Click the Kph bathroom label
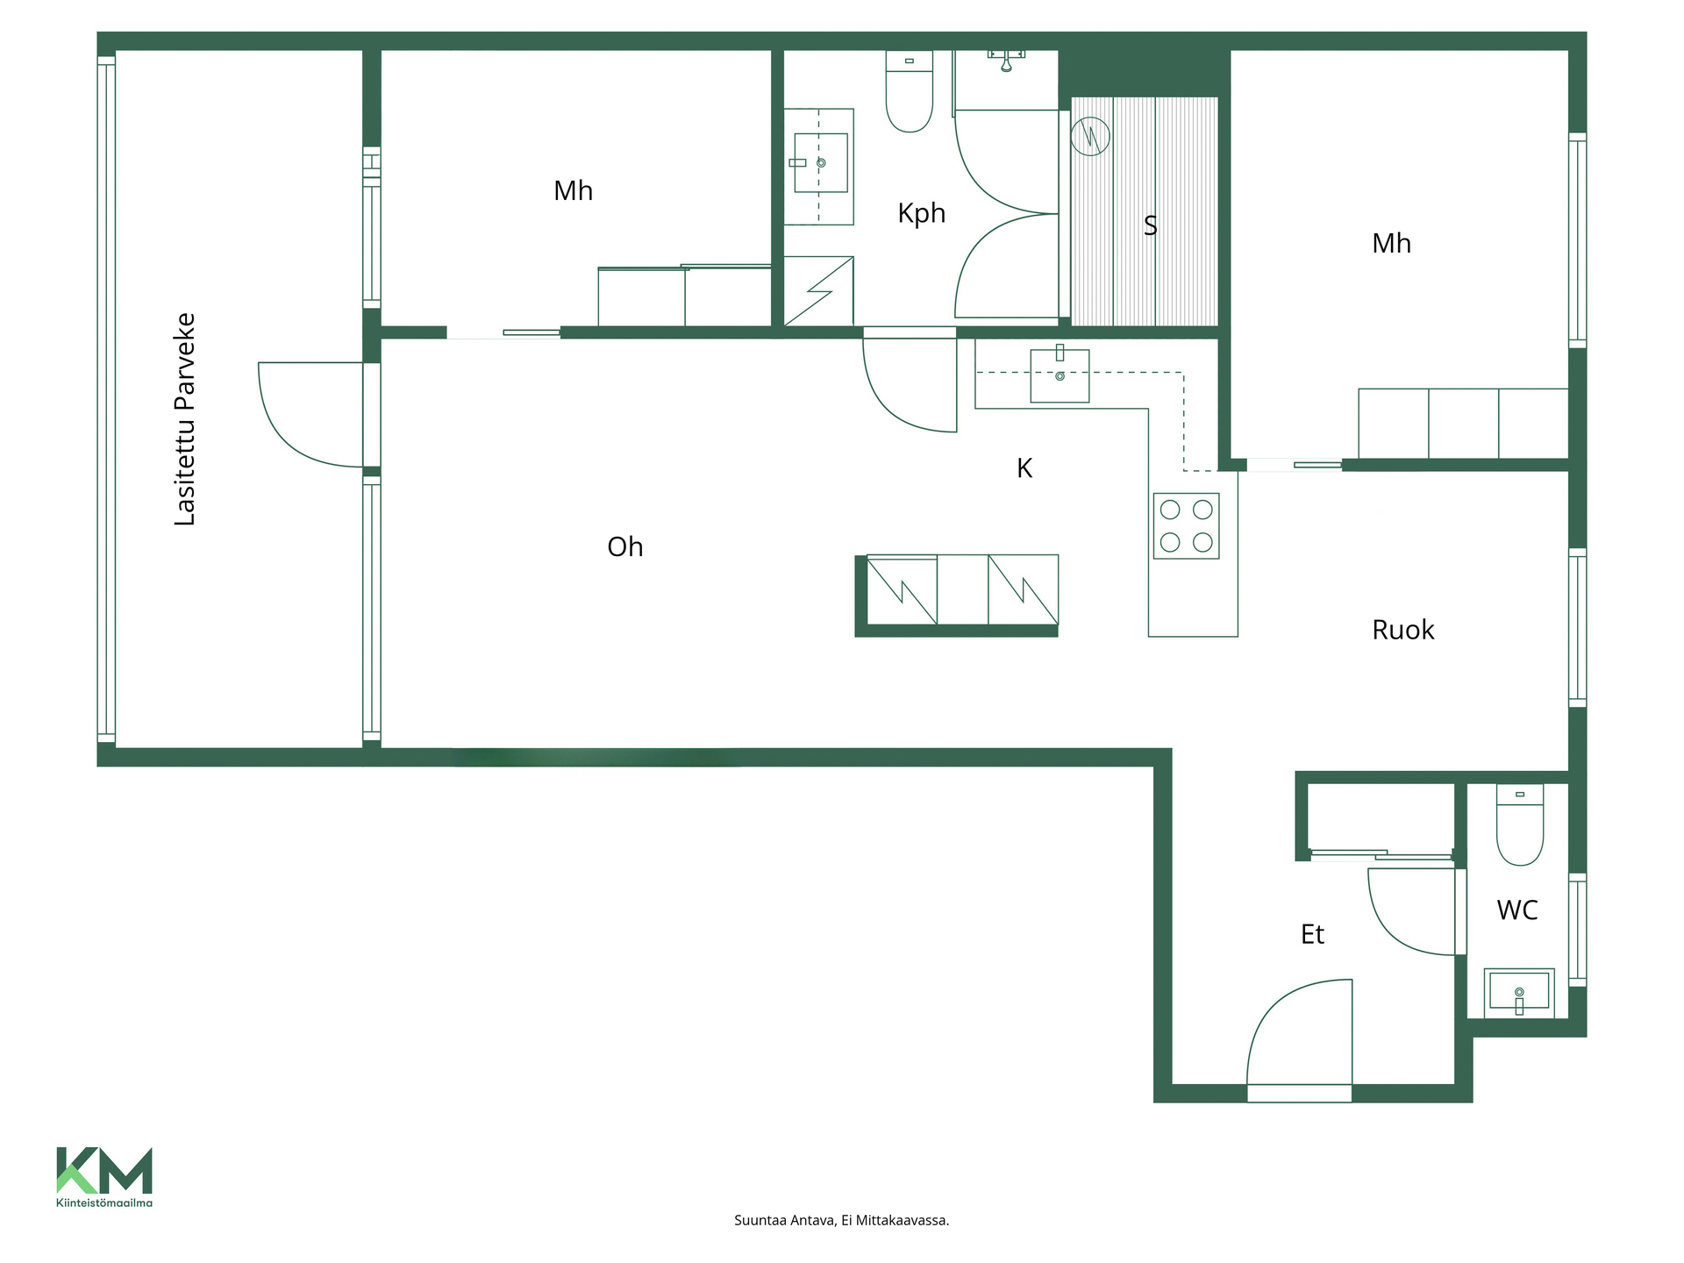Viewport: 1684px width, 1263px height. pyautogui.click(x=921, y=214)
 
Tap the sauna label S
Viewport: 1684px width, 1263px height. pyautogui.click(x=1151, y=226)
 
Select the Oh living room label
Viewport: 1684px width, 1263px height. pyautogui.click(x=625, y=547)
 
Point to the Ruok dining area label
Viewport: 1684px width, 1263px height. pyautogui.click(x=1402, y=630)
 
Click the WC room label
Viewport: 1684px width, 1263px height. pyautogui.click(x=1517, y=910)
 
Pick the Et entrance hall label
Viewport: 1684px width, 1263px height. pyautogui.click(x=1312, y=935)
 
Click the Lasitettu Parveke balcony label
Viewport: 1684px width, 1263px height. pyautogui.click(x=185, y=419)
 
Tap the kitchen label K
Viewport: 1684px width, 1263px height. pyautogui.click(x=1024, y=468)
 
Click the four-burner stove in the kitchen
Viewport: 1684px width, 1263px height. pyautogui.click(x=1186, y=526)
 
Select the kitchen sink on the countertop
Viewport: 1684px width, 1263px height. pyautogui.click(x=1060, y=375)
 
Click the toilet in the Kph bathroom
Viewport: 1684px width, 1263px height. pyautogui.click(x=910, y=91)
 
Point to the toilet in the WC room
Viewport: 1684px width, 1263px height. pyautogui.click(x=1520, y=824)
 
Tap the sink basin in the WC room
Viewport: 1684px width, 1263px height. pyautogui.click(x=1519, y=992)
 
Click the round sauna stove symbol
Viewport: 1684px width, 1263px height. pyautogui.click(x=1090, y=137)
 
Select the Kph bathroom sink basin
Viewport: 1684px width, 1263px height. pyautogui.click(x=820, y=163)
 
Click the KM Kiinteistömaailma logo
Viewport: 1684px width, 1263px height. pyautogui.click(x=104, y=1177)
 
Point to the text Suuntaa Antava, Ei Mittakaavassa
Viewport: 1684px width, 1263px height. pyautogui.click(x=841, y=1220)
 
